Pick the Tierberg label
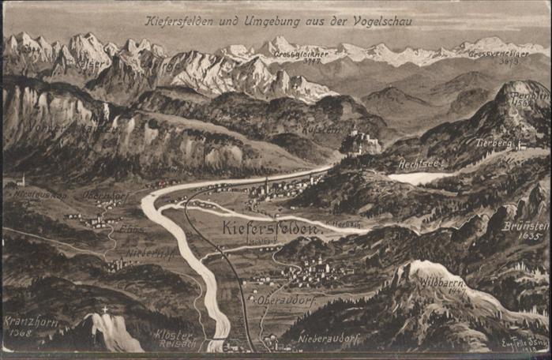[496, 144]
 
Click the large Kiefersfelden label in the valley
[270, 229]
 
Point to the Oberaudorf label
[282, 300]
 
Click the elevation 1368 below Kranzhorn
[21, 332]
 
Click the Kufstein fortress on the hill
[361, 142]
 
